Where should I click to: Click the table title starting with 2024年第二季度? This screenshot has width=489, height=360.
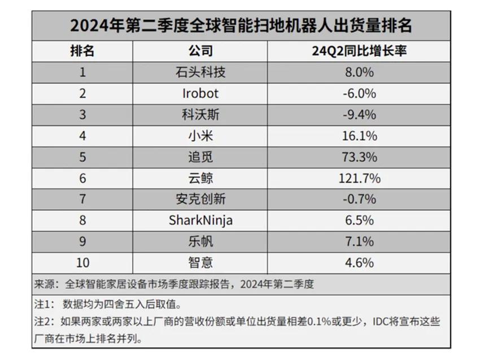pos(241,25)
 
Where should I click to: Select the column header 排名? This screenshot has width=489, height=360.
pos(82,51)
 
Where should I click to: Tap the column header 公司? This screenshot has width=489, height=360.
pos(200,51)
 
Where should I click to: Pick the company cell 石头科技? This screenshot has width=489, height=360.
pos(200,72)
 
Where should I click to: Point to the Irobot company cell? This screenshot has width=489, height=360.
pos(200,93)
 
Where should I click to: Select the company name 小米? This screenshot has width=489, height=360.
pos(200,136)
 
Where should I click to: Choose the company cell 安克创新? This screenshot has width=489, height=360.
pos(200,199)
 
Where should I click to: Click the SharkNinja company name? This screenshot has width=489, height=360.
pos(200,220)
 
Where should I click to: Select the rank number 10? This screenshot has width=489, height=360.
pos(82,263)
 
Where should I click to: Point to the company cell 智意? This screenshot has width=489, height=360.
pos(200,263)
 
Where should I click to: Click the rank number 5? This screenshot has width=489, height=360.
pos(82,157)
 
